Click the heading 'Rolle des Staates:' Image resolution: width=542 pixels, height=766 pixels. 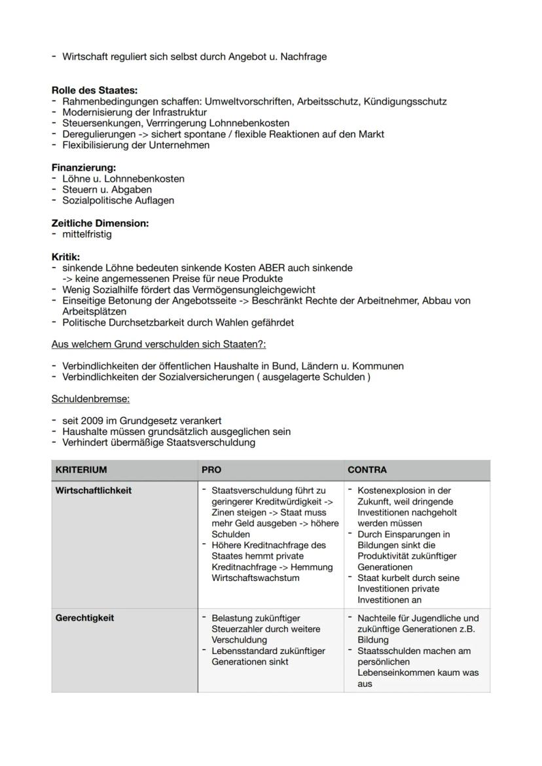[94, 91]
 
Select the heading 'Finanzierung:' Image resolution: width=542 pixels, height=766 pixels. [84, 167]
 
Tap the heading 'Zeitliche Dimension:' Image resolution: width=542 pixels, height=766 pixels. [100, 223]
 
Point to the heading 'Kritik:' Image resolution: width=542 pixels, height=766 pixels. [65, 257]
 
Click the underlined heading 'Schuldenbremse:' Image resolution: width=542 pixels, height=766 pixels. [90, 398]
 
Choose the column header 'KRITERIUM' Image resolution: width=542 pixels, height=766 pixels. [81, 470]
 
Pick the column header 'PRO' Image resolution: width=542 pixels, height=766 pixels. [211, 470]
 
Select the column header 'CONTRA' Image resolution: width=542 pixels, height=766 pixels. [367, 470]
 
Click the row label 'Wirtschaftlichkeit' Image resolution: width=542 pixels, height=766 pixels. [94, 491]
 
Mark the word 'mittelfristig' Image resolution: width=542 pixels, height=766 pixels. [87, 234]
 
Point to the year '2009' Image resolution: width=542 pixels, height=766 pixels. [96, 421]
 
